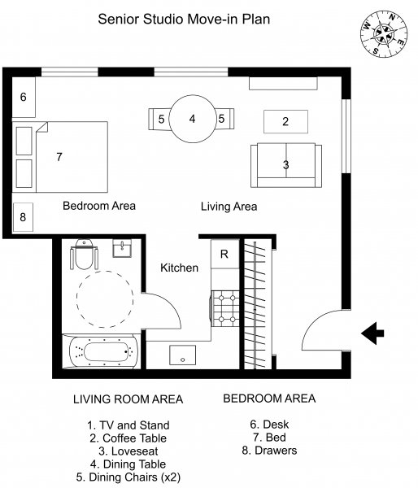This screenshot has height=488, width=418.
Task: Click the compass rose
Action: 385,33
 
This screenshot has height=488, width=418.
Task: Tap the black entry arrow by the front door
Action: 372,333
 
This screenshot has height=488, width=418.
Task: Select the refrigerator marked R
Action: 225,254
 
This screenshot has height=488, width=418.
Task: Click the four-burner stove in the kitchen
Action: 225,308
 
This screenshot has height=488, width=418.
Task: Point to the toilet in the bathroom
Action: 84,255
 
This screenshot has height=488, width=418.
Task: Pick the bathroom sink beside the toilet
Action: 122,248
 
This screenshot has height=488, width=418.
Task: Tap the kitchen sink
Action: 183,355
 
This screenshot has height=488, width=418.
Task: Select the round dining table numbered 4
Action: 193,119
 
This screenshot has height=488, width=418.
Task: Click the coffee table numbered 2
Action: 285,121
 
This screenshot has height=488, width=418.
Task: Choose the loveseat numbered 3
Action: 286,165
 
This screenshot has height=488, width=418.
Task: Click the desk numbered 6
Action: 24,97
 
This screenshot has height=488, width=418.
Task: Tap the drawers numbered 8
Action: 23,217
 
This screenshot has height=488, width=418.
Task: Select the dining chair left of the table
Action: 159,120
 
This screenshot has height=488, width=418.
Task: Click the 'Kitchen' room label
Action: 179,268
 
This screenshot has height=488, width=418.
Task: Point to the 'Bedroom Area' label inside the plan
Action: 99,206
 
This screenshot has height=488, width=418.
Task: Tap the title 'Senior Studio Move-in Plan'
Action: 184,19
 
